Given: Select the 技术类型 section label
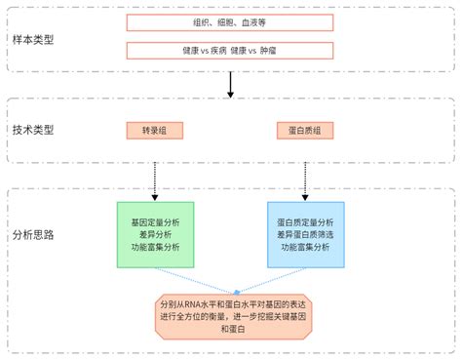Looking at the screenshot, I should [x=33, y=130].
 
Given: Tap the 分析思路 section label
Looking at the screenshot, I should [x=33, y=234].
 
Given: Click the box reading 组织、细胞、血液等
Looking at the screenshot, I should [x=230, y=22].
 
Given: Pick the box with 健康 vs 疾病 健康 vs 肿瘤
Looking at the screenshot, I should [x=230, y=50].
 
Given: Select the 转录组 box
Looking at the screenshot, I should [x=155, y=130].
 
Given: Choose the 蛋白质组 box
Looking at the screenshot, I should [x=305, y=130].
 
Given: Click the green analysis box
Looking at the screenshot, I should [x=155, y=234].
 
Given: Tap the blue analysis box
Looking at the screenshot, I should [x=305, y=234].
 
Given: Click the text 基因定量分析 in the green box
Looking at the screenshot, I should [x=155, y=221].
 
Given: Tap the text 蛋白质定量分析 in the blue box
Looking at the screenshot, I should [x=305, y=221].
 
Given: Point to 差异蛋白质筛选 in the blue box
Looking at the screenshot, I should [x=305, y=234].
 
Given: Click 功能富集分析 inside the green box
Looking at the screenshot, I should [x=155, y=247].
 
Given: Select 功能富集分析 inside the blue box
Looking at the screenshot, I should [x=305, y=247].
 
